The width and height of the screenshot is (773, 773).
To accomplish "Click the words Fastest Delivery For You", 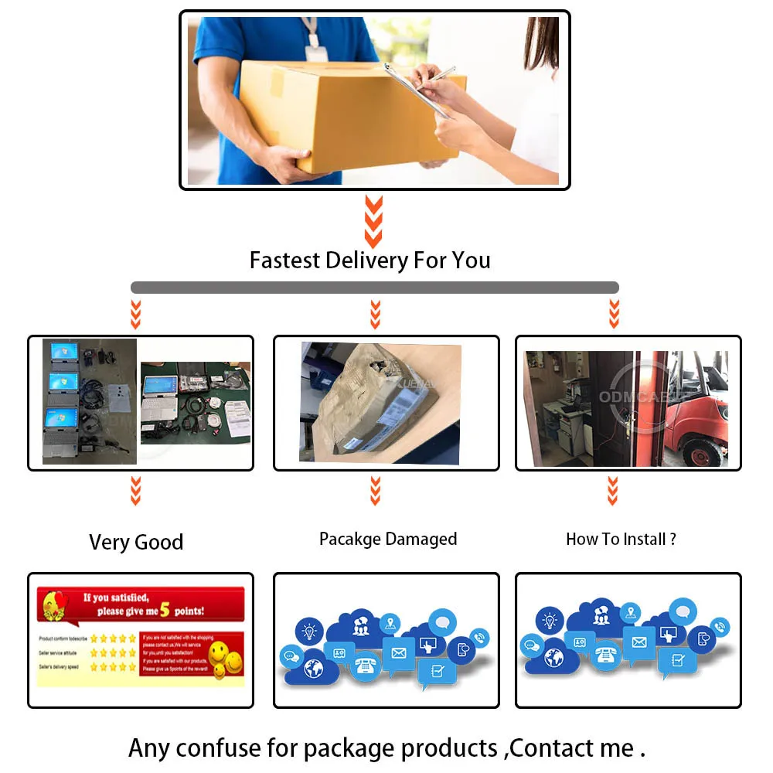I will (x=369, y=260).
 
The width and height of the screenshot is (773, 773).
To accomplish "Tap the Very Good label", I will (x=136, y=542).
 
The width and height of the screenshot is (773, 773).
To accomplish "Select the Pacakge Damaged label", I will (x=388, y=539).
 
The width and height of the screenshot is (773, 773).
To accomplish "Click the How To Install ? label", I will (x=621, y=539).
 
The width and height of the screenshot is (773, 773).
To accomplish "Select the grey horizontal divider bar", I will (x=375, y=288).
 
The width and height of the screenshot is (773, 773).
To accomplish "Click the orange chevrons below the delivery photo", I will (x=374, y=220).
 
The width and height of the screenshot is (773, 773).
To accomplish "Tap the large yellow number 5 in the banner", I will (x=164, y=609).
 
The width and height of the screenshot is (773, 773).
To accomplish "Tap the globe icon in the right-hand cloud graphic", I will (x=553, y=659).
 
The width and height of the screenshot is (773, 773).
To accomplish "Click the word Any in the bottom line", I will (x=149, y=747).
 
